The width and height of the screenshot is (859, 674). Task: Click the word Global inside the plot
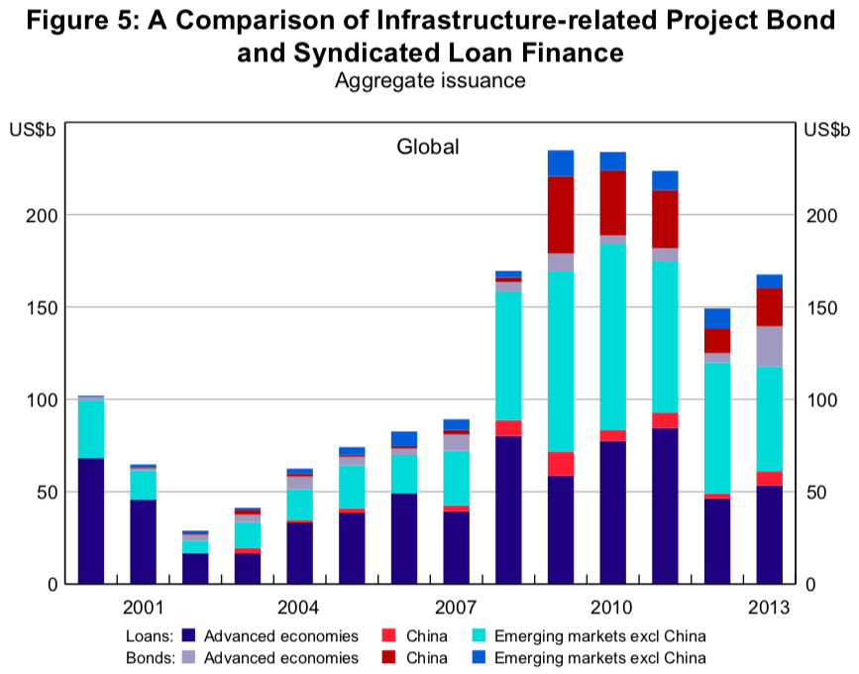428,148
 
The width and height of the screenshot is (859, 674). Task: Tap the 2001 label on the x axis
144,607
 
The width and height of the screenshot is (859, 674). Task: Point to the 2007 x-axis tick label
457,607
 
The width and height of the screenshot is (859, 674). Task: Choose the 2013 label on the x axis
770,607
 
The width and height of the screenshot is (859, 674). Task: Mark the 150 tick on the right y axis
818,307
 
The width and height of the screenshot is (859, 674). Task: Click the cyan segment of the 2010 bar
613,337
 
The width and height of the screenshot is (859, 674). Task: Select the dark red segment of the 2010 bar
613,202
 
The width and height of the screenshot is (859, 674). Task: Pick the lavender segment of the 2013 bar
770,346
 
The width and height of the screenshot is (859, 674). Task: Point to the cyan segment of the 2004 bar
300,505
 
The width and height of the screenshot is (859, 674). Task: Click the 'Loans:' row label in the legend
151,636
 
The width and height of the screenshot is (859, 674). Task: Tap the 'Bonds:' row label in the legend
150,657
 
